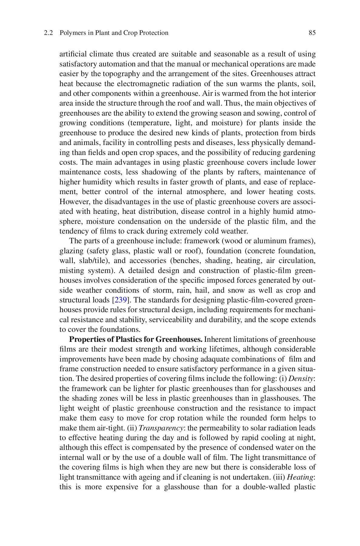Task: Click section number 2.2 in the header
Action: [48, 33]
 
